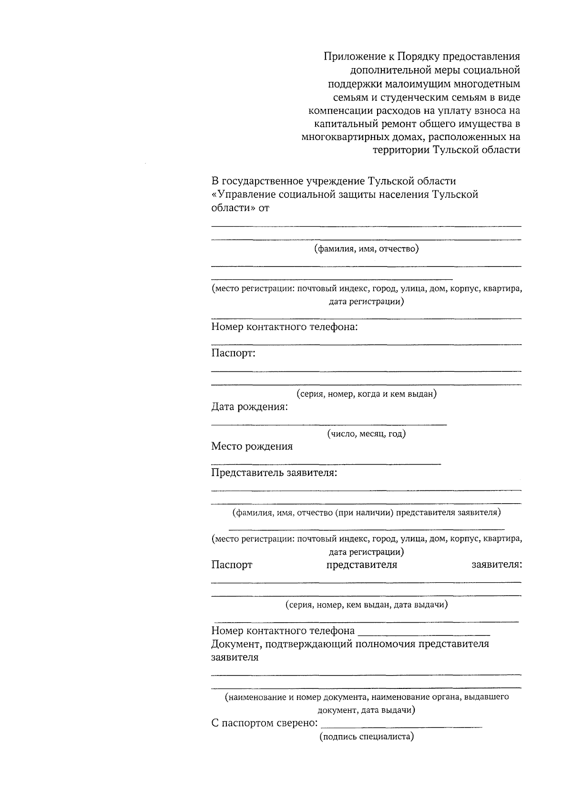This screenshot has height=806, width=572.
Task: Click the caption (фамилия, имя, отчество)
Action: (x=366, y=249)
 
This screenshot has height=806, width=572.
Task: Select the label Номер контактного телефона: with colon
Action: (x=285, y=327)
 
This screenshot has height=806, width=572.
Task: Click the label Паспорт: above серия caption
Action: (x=234, y=353)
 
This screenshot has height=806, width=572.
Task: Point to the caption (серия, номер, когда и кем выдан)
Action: (x=366, y=394)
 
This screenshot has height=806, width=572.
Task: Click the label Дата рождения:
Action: (x=249, y=407)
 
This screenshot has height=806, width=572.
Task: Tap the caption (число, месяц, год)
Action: (x=366, y=434)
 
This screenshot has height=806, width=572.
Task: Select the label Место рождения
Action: (x=252, y=447)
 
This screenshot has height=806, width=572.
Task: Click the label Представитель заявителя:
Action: (x=274, y=473)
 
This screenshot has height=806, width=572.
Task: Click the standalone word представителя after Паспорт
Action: (x=361, y=565)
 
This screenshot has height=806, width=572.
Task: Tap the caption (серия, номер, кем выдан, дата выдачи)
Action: (x=366, y=605)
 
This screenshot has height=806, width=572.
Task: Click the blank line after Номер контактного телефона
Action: (x=423, y=634)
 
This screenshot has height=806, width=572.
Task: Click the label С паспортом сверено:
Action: (x=265, y=723)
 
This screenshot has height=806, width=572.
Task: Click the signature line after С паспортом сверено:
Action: (x=401, y=726)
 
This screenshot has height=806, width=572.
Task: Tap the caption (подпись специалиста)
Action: (x=366, y=736)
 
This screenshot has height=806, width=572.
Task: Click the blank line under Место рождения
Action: (x=326, y=463)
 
